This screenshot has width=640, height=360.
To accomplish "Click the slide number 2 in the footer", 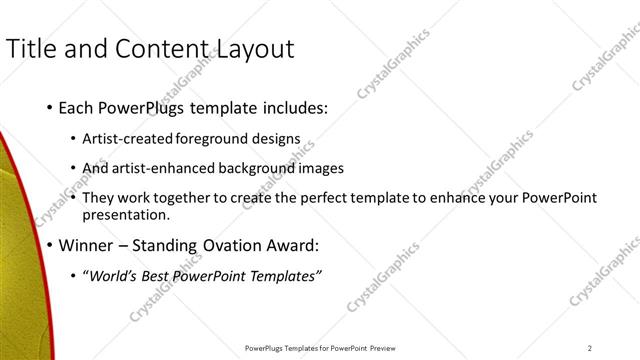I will click(x=590, y=348).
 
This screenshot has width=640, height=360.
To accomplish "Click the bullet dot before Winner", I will click(x=49, y=245).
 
